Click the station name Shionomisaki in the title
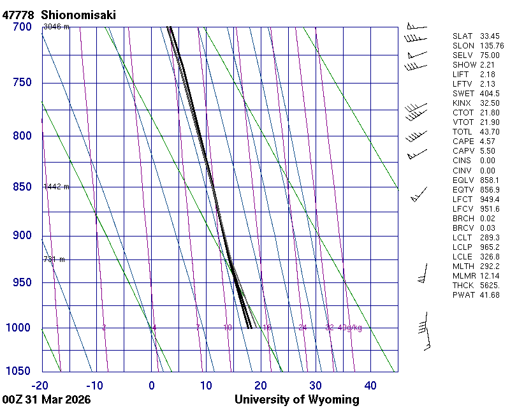[78, 14]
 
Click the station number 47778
[18, 14]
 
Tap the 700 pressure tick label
[22, 27]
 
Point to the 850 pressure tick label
[22, 187]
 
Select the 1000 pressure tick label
[18, 328]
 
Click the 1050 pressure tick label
[18, 371]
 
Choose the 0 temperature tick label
[152, 385]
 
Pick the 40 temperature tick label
[370, 385]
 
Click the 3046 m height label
[56, 27]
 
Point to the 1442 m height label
[56, 187]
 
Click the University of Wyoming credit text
[297, 400]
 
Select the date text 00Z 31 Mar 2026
[47, 400]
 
